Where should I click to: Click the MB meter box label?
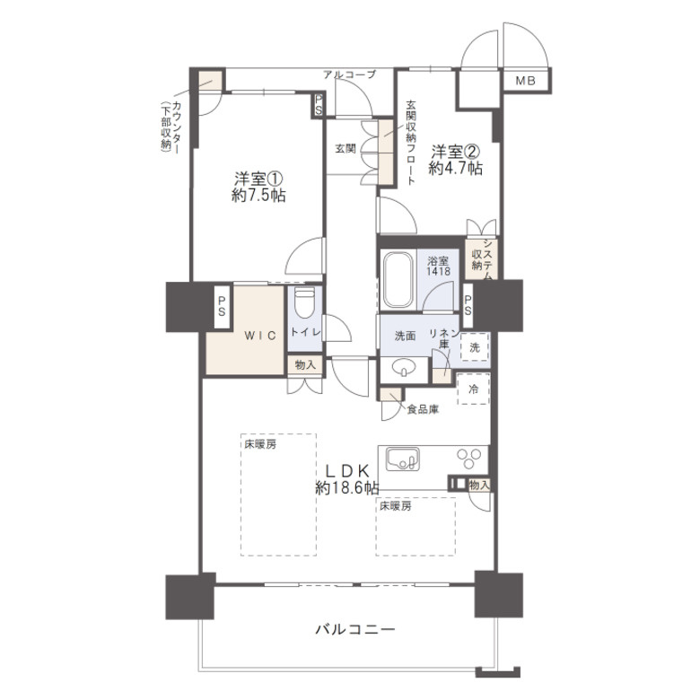point(525,81)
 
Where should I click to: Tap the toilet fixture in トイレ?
point(305,303)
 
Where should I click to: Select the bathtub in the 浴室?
point(397,280)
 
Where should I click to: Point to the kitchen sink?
point(403,459)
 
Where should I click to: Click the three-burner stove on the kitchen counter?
point(468,459)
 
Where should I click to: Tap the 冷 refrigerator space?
point(473,389)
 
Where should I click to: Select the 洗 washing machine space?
point(475,347)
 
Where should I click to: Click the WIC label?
point(260,336)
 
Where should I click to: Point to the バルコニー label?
point(355,629)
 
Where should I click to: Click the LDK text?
point(347,470)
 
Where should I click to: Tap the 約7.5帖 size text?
point(259,195)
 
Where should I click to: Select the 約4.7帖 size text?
point(455,169)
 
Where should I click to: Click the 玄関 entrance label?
point(346,149)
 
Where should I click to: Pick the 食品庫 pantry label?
point(423,409)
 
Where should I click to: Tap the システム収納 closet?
point(482,260)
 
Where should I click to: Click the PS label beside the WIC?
point(222,307)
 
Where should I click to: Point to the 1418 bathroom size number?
point(438,270)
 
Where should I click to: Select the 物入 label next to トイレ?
point(305,365)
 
